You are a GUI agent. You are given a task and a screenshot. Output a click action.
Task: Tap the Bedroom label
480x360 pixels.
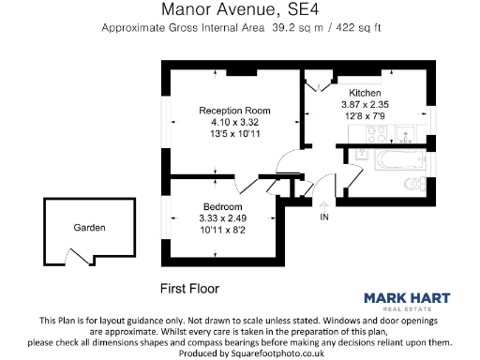[223, 206]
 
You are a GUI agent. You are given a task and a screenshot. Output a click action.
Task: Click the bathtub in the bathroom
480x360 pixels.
[387, 159]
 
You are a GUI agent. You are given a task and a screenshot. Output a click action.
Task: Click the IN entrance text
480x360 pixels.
[325, 217]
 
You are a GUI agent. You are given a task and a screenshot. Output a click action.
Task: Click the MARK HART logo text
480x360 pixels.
[406, 299]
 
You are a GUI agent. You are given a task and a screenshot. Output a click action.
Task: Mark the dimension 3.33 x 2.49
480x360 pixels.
[223, 217]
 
